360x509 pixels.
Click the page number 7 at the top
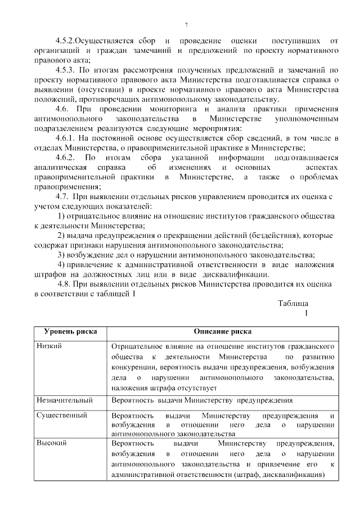(186, 25)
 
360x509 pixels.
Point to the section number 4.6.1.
(66, 139)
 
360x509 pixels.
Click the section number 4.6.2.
(66, 158)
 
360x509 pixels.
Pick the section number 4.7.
(62, 197)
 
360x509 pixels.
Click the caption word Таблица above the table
(293, 303)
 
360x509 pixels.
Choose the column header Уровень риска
(70, 331)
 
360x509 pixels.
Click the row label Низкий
(49, 346)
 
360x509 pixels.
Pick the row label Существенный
(61, 416)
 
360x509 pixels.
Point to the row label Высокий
(52, 443)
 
